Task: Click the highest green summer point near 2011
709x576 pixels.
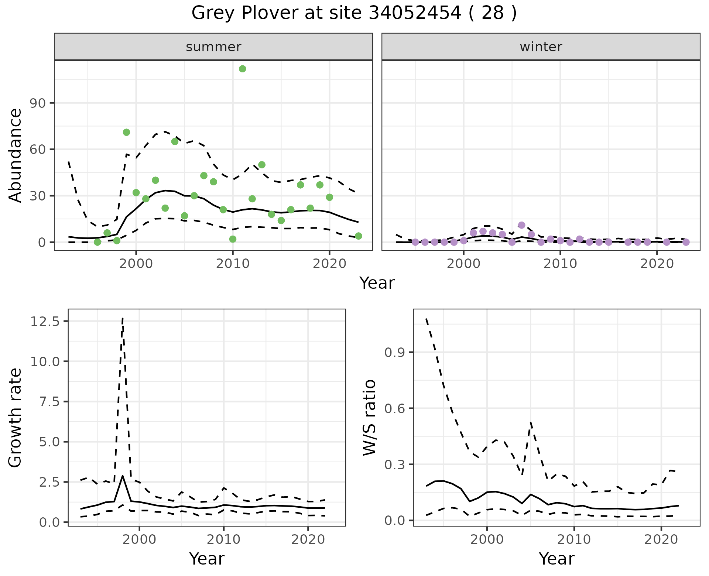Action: coord(243,69)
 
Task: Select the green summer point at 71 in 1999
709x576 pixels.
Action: coord(126,132)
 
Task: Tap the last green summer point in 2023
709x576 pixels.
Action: coord(358,236)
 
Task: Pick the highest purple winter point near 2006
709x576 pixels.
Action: coord(521,225)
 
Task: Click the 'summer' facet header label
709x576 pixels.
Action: coord(213,47)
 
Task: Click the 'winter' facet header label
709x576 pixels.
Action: coord(541,47)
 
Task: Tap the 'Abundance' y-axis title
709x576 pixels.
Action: coord(16,155)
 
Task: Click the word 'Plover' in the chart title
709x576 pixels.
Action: coord(269,13)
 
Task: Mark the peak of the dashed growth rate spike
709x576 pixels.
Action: coord(123,318)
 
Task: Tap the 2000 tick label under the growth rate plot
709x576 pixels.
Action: coord(139,539)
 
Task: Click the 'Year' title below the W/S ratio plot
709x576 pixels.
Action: coord(556,559)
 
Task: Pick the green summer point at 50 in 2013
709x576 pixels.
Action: coord(262,165)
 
